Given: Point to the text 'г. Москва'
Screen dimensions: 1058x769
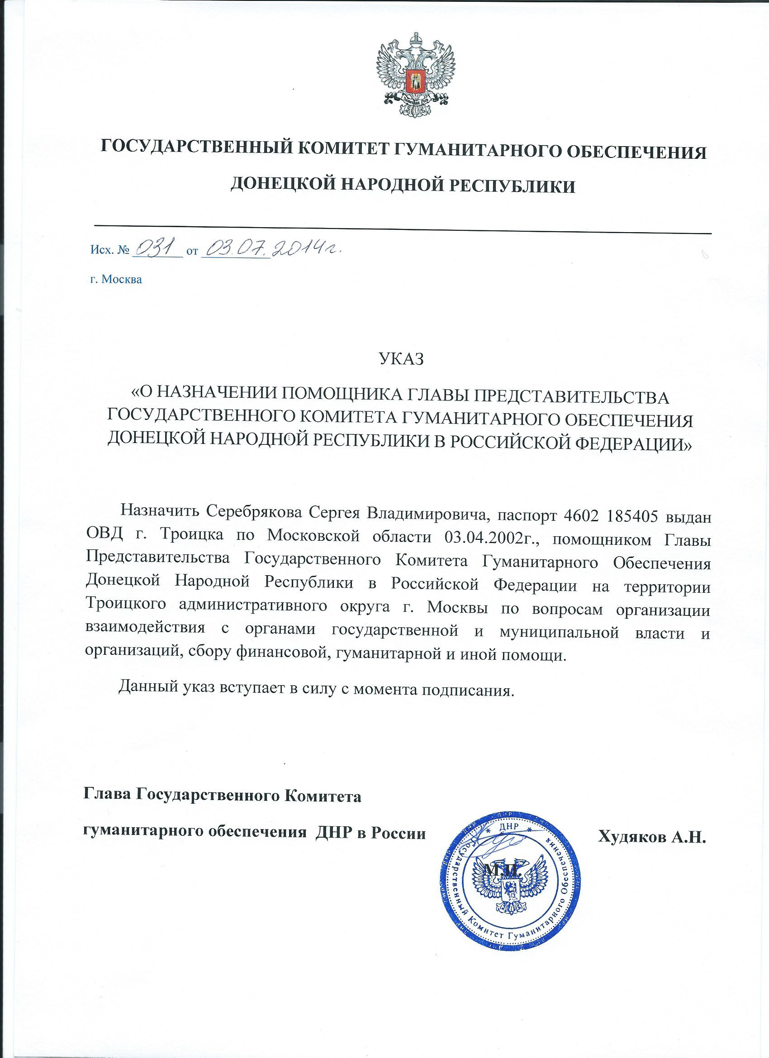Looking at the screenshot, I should point(116,279).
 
